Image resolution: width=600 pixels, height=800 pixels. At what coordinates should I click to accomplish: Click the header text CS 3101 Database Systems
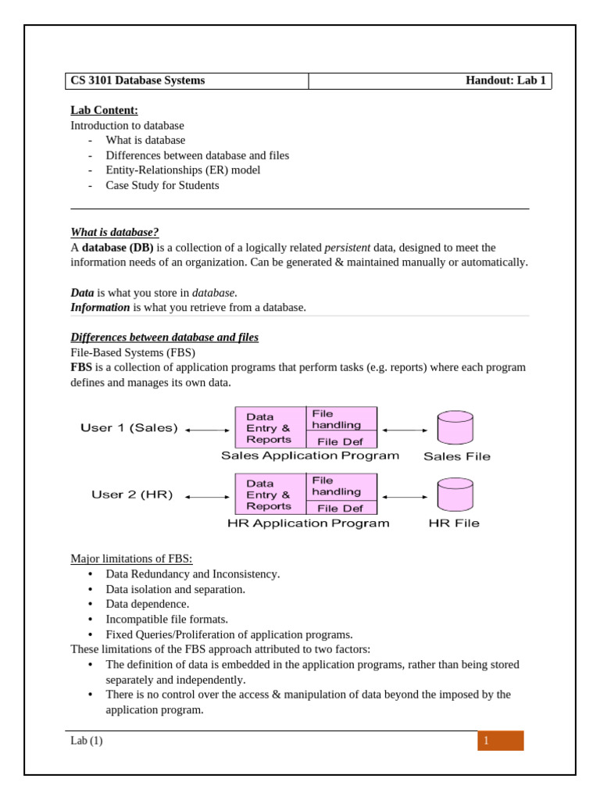pyautogui.click(x=137, y=80)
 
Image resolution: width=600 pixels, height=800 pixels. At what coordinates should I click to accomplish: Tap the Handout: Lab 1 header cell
pyautogui.click(x=505, y=80)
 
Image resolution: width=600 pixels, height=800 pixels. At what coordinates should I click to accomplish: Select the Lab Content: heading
pyautogui.click(x=104, y=110)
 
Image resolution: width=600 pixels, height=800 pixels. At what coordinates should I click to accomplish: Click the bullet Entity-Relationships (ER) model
pyautogui.click(x=183, y=170)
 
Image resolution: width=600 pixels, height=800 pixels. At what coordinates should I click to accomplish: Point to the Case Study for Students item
pyautogui.click(x=162, y=185)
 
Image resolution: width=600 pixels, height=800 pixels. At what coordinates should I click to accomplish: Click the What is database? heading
pyautogui.click(x=114, y=232)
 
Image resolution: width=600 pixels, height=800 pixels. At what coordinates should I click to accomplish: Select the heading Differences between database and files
pyautogui.click(x=164, y=337)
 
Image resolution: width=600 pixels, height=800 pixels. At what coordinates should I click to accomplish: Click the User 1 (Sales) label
pyautogui.click(x=129, y=428)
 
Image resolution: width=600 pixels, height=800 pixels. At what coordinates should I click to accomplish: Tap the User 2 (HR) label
pyautogui.click(x=132, y=495)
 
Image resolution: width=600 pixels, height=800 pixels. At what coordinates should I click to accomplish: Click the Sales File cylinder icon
pyautogui.click(x=455, y=427)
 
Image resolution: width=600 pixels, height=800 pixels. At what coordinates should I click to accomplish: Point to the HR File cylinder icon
pyautogui.click(x=455, y=494)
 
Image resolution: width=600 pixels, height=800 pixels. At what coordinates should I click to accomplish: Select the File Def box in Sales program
pyautogui.click(x=341, y=441)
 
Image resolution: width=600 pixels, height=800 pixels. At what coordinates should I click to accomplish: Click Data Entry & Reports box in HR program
pyautogui.click(x=270, y=495)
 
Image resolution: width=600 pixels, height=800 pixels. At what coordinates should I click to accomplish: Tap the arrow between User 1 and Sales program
pyautogui.click(x=207, y=430)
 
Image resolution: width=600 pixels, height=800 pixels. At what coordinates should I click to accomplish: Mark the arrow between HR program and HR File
pyautogui.click(x=405, y=497)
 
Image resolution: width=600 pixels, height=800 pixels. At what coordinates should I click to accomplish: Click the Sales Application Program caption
pyautogui.click(x=309, y=456)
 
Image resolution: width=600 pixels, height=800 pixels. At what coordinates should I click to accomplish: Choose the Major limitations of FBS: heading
pyautogui.click(x=131, y=559)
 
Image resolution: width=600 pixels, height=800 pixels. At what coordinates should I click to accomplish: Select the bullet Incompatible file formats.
pyautogui.click(x=166, y=619)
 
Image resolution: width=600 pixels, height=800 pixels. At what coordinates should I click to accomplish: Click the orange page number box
pyautogui.click(x=500, y=741)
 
